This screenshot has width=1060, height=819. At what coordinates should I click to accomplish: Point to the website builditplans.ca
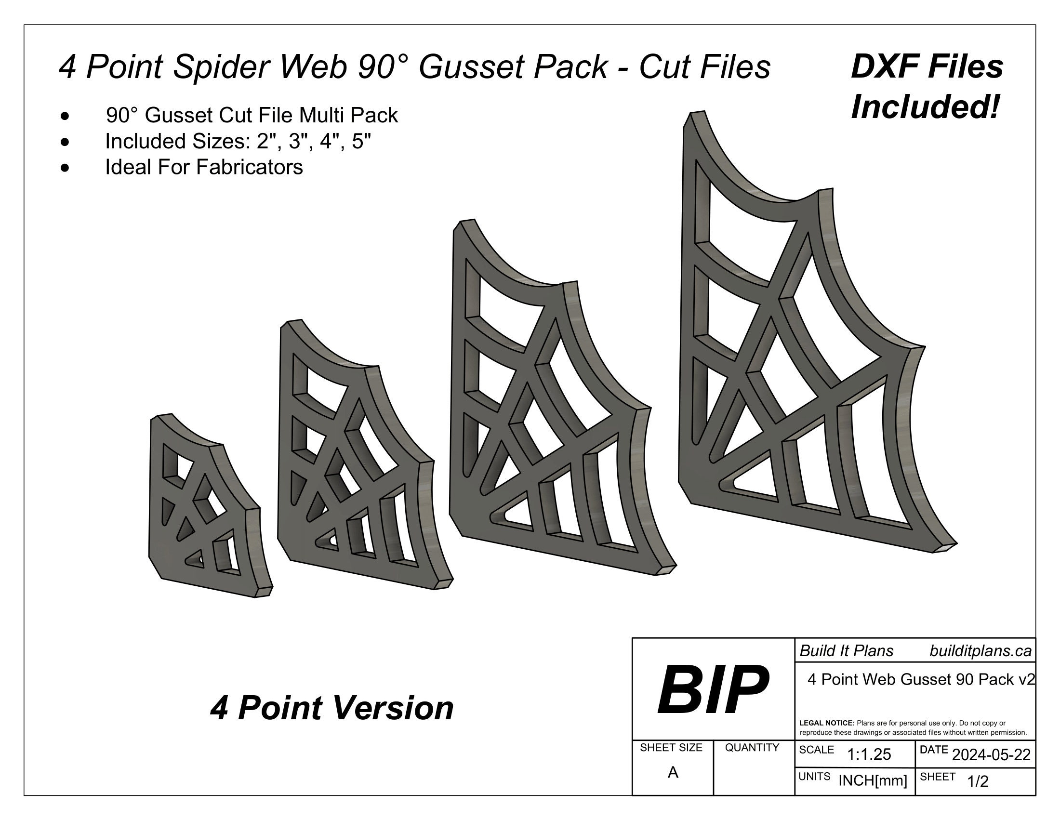tap(980, 651)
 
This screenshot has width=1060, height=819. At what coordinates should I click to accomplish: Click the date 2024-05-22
tap(991, 755)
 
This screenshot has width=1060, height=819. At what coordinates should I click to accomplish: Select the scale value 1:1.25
tap(869, 754)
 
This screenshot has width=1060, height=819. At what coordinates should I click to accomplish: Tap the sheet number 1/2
tap(978, 781)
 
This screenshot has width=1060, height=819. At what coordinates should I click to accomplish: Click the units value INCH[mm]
tap(873, 780)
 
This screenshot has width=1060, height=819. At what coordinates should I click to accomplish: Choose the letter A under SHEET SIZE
tap(673, 772)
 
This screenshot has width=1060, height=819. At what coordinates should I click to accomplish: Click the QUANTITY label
tap(752, 748)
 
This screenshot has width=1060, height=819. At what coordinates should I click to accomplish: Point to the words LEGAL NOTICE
tap(826, 723)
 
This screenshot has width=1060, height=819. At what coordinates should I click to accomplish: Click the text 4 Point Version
tap(331, 708)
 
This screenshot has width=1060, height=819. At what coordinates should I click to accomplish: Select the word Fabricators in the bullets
tap(250, 167)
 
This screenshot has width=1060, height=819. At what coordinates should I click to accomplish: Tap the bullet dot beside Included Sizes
tap(65, 142)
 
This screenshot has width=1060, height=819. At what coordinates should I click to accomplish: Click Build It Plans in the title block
tap(846, 651)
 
